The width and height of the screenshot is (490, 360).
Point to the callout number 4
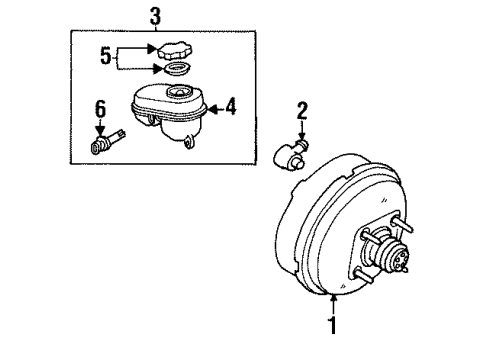(x=230, y=106)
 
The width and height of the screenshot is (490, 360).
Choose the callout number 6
(x=99, y=108)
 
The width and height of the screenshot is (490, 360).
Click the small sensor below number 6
(x=104, y=145)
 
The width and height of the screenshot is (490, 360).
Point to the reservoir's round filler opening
(x=180, y=94)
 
